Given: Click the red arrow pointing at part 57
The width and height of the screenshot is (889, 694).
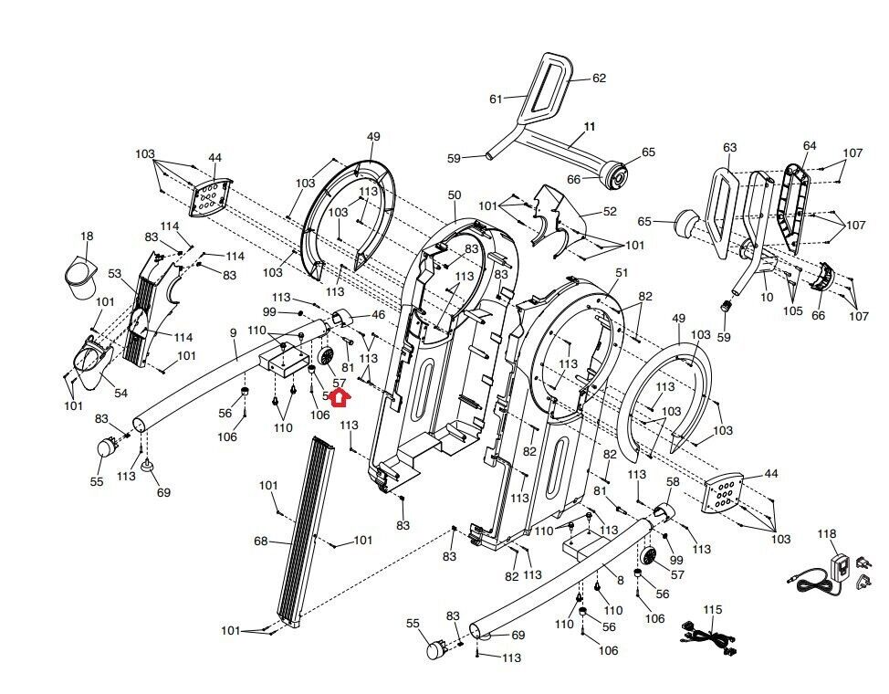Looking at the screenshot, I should (x=339, y=397).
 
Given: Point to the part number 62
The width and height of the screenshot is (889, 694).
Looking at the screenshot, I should (x=599, y=79).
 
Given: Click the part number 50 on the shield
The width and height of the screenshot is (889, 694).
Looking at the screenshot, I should (x=455, y=195).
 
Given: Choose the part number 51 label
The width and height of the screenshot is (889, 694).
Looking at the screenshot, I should (x=622, y=272).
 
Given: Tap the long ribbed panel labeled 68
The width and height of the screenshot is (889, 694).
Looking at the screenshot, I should (x=306, y=530).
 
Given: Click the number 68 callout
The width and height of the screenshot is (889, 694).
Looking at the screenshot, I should (x=260, y=542).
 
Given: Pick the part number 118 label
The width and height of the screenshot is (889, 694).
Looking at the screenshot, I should (x=826, y=533).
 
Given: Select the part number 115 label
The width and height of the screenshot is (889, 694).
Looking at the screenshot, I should (x=712, y=608).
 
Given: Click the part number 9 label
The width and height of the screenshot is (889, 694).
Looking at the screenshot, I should (x=233, y=333).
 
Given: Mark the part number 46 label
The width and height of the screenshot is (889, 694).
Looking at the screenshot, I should (x=377, y=315).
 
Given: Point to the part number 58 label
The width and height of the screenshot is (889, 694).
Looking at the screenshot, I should (x=673, y=481).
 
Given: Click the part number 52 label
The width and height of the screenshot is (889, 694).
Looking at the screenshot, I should (x=610, y=211).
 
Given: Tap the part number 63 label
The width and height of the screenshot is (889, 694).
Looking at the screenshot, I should (x=729, y=147).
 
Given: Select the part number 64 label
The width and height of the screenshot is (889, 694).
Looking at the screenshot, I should (x=810, y=146).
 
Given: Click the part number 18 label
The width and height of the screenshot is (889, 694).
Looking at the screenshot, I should (x=87, y=237).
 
